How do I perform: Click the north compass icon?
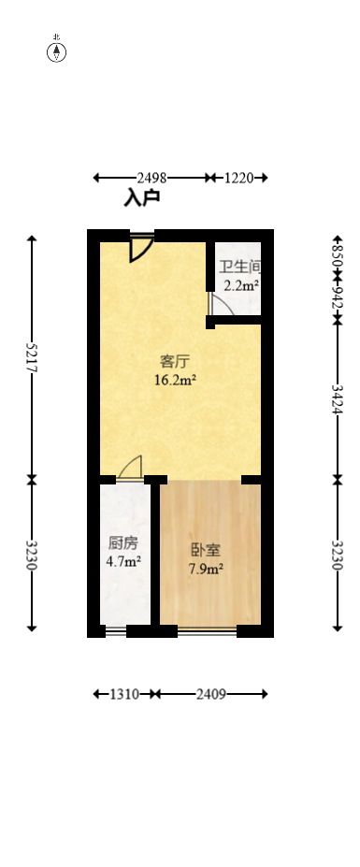click(x=57, y=51)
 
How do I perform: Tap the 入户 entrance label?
click(x=142, y=198)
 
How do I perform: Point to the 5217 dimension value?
click(x=32, y=356)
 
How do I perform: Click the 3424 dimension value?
click(x=338, y=399)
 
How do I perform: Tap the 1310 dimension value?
click(x=124, y=694)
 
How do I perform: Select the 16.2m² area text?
click(x=175, y=380)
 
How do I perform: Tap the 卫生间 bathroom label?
click(x=240, y=267)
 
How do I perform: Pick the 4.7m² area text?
click(x=123, y=562)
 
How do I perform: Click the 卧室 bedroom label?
click(x=207, y=550)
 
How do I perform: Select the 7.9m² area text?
click(x=207, y=569)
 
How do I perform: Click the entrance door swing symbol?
click(x=141, y=247)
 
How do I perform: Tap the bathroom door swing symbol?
click(x=220, y=306)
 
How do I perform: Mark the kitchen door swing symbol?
click(x=130, y=468)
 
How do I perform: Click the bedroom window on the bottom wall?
click(x=207, y=631)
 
